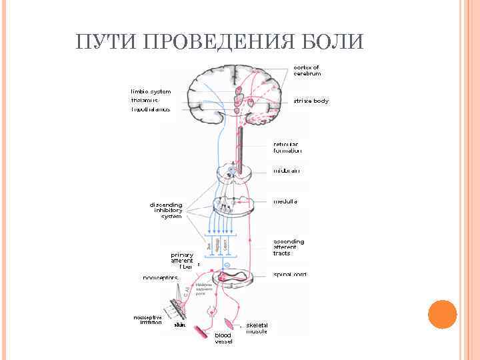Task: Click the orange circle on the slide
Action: pos(441,315)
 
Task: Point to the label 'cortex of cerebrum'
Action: pos(307,70)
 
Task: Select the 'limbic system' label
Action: pos(151,91)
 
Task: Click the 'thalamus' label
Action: pos(145,100)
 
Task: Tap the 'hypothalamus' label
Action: pos(150,109)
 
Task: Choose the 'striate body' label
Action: pos(311,101)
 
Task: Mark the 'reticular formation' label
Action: pos(287,147)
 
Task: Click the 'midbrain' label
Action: pos(286,171)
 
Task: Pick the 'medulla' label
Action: pos(285,201)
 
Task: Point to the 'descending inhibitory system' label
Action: pos(166,210)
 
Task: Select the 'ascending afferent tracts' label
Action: pos(289,247)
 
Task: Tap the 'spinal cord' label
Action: pos(290,274)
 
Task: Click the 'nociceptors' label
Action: pos(161,277)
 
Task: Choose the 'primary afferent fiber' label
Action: pos(182,261)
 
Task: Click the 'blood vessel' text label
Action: pos(223,338)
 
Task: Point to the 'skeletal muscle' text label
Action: pos(257,328)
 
